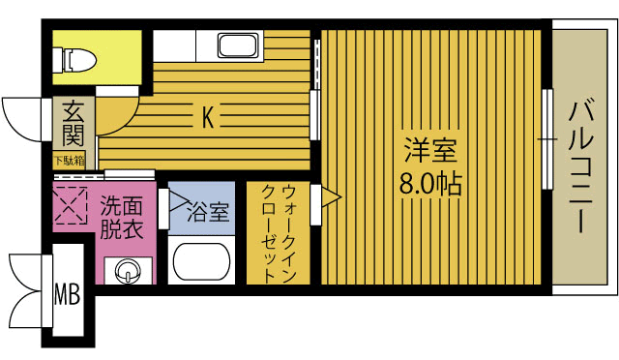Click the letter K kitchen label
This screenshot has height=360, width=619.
pyautogui.click(x=208, y=117)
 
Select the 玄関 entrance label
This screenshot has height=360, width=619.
pyautogui.click(x=73, y=124)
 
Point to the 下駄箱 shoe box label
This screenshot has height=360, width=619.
pyautogui.click(x=69, y=160)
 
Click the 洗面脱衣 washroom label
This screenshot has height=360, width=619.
pyautogui.click(x=122, y=218)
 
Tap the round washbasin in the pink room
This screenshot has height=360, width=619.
pyautogui.click(x=126, y=271)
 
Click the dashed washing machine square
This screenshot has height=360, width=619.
pyautogui.click(x=70, y=205)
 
